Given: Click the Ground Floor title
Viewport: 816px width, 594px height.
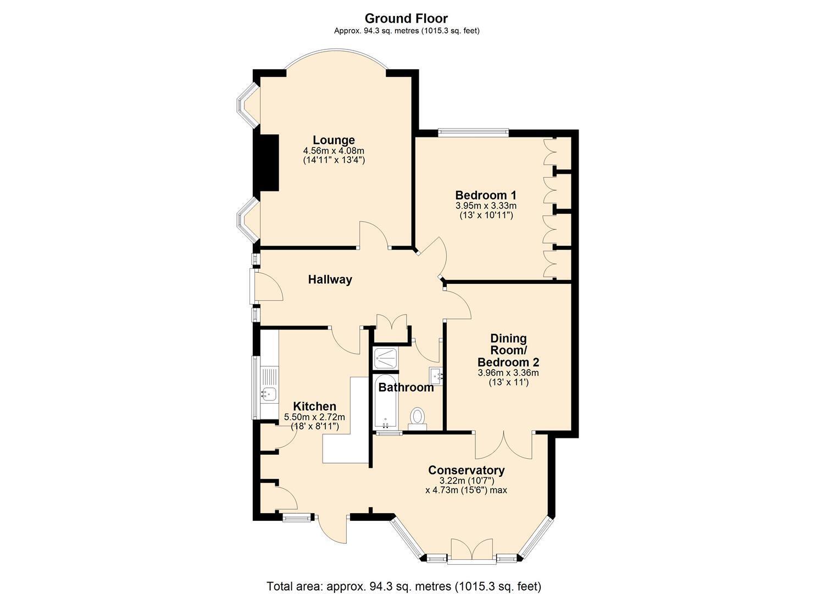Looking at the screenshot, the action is point(406,18).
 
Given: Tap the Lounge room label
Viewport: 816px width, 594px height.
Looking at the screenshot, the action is point(334,140).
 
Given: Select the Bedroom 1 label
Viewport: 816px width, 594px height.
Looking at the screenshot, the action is point(486,195).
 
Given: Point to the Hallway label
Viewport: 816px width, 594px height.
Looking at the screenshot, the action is point(330,280).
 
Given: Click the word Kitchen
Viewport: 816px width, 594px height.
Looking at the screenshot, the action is point(315,406).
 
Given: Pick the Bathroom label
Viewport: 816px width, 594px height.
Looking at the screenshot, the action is point(406,387).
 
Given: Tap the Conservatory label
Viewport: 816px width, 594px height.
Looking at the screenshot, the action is point(467,470).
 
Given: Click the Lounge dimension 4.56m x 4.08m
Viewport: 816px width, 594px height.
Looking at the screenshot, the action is point(334,151).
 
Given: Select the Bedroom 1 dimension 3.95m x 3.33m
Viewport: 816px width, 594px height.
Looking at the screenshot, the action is point(486,206).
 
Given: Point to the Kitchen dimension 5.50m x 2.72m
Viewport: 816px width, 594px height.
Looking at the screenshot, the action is point(314,417).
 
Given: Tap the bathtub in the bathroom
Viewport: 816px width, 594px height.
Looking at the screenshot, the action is point(386,402).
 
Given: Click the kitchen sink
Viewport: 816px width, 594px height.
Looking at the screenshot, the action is point(269,393).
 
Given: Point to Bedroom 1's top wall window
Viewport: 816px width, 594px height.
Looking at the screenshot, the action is point(473,133).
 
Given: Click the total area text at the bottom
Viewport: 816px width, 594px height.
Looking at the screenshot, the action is point(404,576).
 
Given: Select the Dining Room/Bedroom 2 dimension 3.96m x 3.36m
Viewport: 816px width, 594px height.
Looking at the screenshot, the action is point(508,373).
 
